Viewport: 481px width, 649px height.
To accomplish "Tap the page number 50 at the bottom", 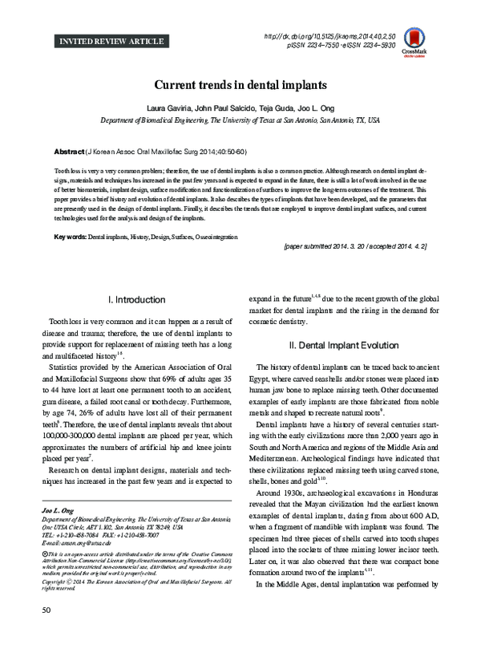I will click(33, 634).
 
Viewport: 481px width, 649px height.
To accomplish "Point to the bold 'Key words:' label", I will click(70, 239).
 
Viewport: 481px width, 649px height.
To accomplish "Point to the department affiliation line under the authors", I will click(240, 121).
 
